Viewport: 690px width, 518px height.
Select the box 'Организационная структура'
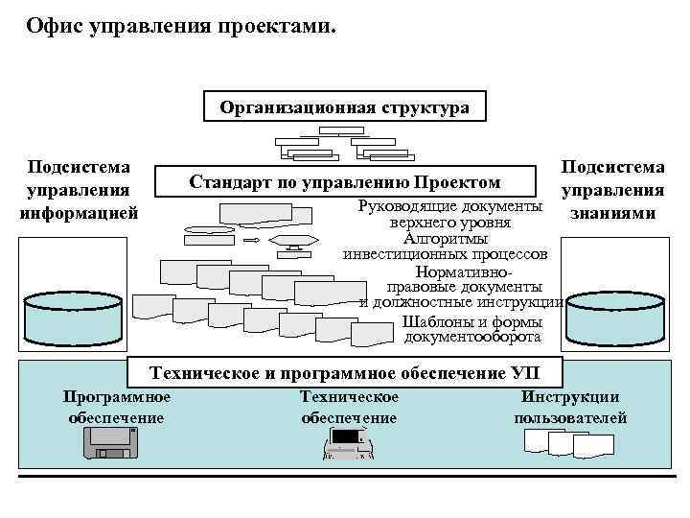pyautogui.click(x=345, y=106)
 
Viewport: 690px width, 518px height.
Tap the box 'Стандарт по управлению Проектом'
pyautogui.click(x=345, y=181)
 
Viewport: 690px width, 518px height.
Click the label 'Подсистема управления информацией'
pyautogui.click(x=80, y=190)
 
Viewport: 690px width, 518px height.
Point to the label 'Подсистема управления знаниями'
pyautogui.click(x=613, y=190)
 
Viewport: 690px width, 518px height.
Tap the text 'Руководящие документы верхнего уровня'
pyautogui.click(x=449, y=214)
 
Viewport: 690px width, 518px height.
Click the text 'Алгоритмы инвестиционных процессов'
pyautogui.click(x=446, y=247)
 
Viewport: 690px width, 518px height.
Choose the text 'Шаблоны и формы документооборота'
pyautogui.click(x=472, y=329)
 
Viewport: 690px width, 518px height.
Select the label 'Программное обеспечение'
pyautogui.click(x=116, y=408)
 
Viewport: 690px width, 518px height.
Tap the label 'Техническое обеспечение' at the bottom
pyautogui.click(x=349, y=408)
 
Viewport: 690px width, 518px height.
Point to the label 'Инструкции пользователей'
pyautogui.click(x=570, y=408)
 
